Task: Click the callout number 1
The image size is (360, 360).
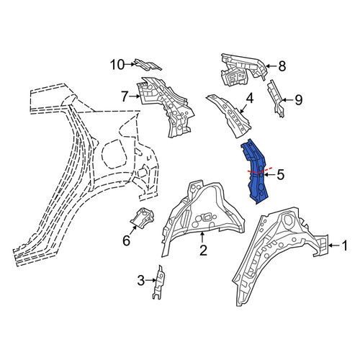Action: click(x=344, y=246)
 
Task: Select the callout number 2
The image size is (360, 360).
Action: click(x=203, y=251)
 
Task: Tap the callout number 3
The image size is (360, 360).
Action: click(x=141, y=280)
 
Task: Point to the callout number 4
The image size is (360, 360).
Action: click(x=250, y=99)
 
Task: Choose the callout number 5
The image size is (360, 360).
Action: click(x=280, y=174)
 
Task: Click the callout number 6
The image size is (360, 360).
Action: click(x=126, y=240)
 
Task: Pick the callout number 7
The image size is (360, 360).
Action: click(x=125, y=97)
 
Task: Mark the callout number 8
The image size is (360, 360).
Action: click(x=282, y=66)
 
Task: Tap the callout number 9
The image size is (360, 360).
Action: click(x=298, y=100)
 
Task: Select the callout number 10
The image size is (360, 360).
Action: click(x=117, y=65)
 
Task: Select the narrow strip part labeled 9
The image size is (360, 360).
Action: click(x=276, y=99)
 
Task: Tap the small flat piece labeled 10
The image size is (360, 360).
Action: click(x=148, y=65)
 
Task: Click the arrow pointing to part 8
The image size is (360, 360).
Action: click(x=271, y=66)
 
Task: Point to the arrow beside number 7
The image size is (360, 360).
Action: click(x=135, y=96)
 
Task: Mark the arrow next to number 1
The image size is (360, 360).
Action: click(x=334, y=246)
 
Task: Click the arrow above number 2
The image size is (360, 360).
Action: click(x=202, y=238)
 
